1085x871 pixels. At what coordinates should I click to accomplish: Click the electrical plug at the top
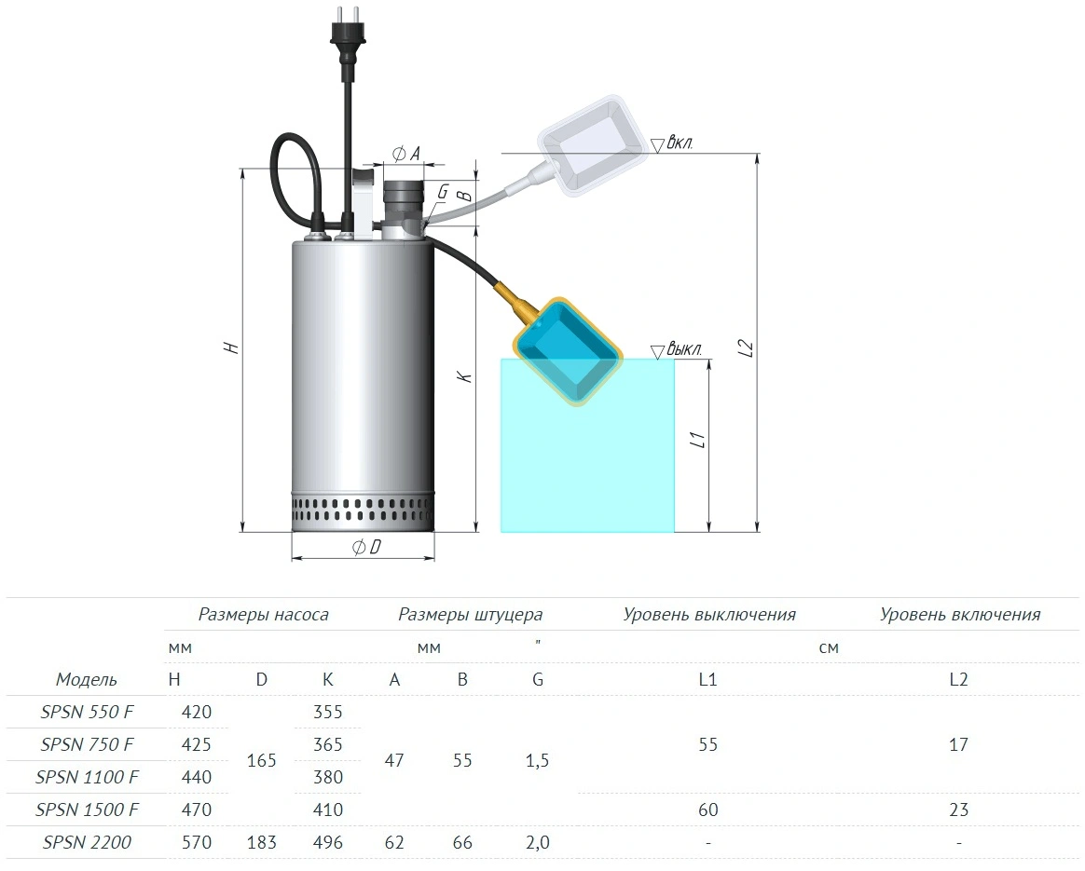[348, 42]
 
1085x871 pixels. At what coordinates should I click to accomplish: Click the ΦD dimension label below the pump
[366, 548]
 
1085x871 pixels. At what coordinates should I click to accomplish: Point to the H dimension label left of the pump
[231, 347]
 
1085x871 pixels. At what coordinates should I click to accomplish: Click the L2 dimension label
[746, 347]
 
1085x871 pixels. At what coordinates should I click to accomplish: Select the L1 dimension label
[698, 440]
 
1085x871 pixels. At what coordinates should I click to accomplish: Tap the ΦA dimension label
[406, 154]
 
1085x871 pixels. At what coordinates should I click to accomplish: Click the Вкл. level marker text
[680, 143]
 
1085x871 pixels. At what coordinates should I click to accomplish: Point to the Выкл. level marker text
[684, 349]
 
